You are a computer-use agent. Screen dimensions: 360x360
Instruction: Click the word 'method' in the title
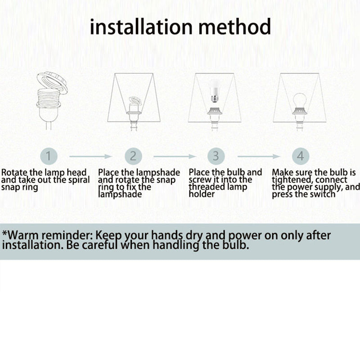[x=234, y=27]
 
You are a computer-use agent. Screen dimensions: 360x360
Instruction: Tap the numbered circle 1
[x=49, y=156]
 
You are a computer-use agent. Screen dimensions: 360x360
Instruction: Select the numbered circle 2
[x=133, y=156]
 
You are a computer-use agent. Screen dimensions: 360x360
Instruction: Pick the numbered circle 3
[x=216, y=156]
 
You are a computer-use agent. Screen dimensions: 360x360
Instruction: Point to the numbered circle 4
[x=301, y=156]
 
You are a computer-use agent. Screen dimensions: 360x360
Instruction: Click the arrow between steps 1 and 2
[x=90, y=156]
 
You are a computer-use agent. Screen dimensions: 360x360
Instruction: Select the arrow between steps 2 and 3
[x=175, y=156]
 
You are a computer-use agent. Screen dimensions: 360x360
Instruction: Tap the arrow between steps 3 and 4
[x=259, y=156]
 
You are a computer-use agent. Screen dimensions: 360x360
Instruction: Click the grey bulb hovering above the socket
[x=215, y=91]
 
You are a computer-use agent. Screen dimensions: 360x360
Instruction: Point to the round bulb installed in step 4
[x=299, y=101]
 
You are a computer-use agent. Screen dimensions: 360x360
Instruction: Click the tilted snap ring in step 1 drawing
[x=52, y=82]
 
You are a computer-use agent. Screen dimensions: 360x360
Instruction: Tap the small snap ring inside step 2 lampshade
[x=135, y=101]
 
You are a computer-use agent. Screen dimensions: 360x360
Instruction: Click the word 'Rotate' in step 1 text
[x=14, y=172]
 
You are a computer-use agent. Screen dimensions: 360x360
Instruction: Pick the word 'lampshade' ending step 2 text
[x=120, y=194]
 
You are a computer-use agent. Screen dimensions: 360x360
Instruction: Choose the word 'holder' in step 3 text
[x=202, y=194]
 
